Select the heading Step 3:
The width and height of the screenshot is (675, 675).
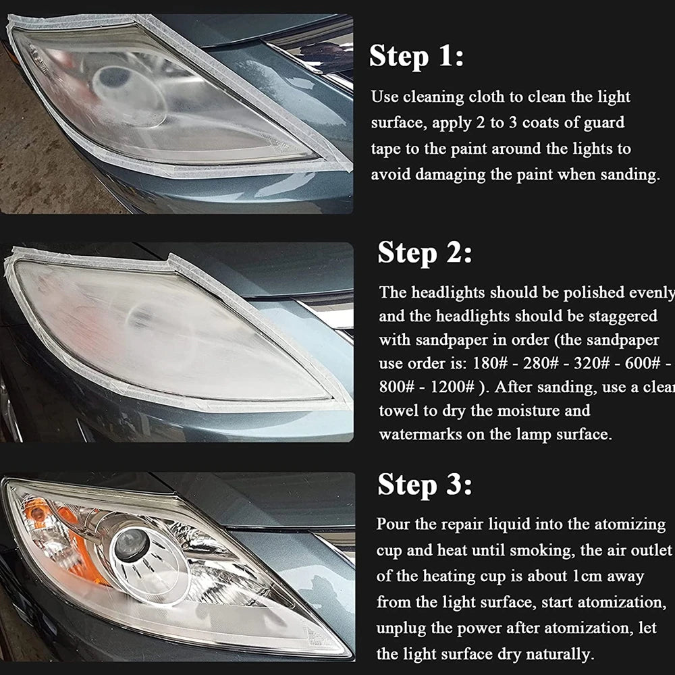coord(425,484)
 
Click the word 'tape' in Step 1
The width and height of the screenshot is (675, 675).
coord(387,148)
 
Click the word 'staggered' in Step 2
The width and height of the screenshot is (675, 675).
coord(619,316)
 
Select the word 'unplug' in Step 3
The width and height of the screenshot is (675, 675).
coord(402,628)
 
